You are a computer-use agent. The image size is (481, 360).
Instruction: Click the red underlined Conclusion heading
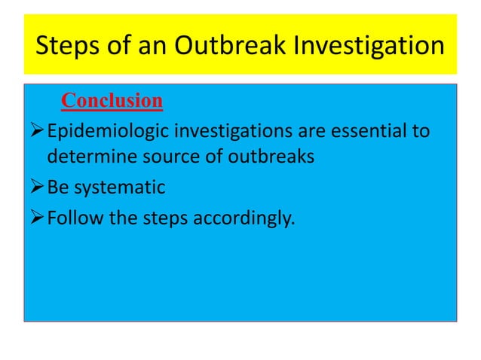click(112, 100)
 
